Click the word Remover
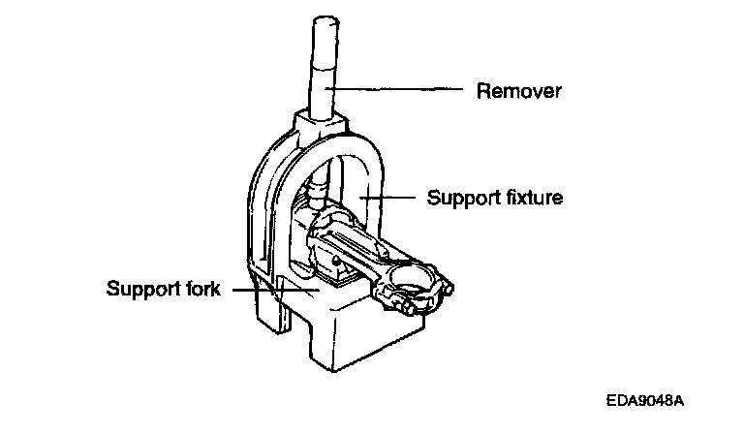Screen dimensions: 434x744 click(519, 92)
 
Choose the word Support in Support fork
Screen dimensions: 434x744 click(138, 289)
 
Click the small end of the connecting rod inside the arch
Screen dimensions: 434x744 click(320, 232)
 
